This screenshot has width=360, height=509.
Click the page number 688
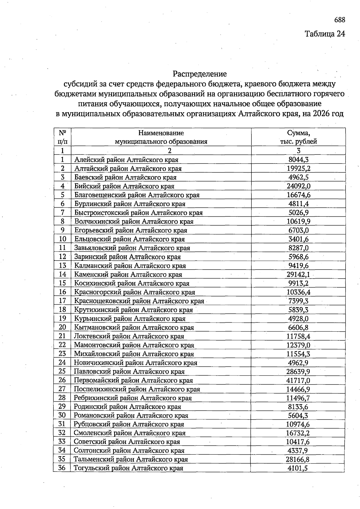(340, 20)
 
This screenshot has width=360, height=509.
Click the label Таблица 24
(325, 34)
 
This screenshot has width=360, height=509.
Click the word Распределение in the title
(200, 74)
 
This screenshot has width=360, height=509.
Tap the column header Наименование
(161, 133)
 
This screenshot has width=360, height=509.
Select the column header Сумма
(298, 133)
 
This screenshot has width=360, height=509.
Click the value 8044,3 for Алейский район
(298, 160)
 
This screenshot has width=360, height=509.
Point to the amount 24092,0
(298, 186)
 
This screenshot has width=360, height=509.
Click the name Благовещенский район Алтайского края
(137, 195)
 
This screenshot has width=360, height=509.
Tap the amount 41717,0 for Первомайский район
(298, 381)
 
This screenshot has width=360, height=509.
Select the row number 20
(62, 327)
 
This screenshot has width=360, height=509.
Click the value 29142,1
(298, 274)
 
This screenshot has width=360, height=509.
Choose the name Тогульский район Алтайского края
(128, 468)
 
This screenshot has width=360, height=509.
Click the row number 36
(62, 468)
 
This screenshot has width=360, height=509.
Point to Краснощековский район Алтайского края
(139, 301)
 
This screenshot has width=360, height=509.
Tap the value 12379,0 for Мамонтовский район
(298, 345)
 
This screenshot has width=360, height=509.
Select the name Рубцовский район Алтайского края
(129, 424)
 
